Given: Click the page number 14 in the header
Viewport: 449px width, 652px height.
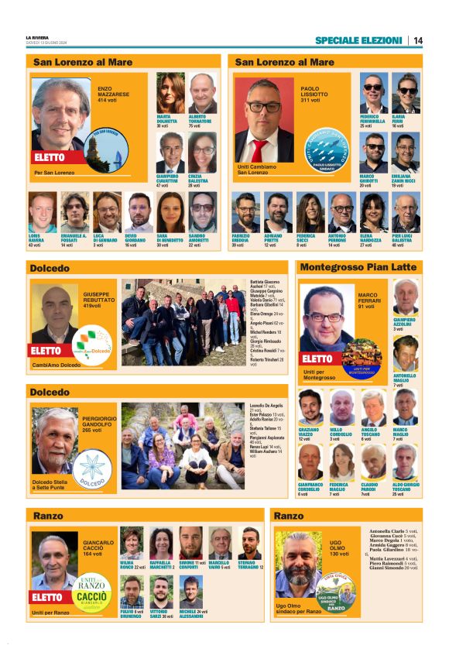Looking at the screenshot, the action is coord(417,40).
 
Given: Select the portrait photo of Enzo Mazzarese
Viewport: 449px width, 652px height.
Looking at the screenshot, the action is coord(61,114).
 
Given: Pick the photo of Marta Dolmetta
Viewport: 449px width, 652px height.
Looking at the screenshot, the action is coord(170,93).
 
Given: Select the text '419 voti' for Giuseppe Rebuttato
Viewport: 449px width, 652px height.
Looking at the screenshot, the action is coord(98,306).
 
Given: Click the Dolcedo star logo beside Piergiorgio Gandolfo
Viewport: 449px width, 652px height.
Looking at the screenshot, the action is coord(92,468).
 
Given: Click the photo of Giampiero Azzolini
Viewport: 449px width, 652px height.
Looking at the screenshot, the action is coord(404,297).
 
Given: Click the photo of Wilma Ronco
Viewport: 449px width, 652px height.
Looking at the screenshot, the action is coord(132,544).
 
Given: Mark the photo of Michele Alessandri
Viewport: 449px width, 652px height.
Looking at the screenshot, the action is coord(190,592).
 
